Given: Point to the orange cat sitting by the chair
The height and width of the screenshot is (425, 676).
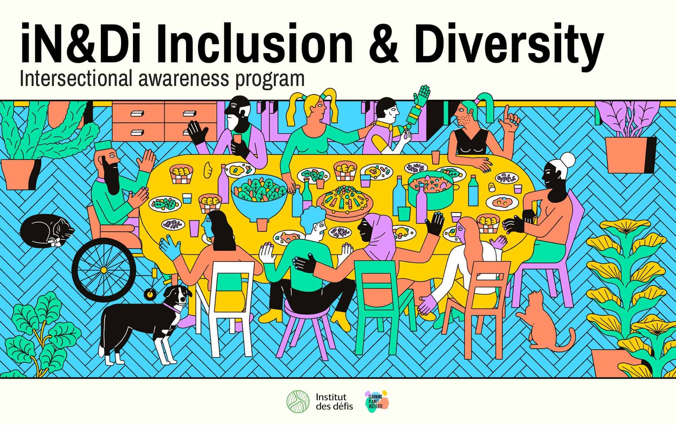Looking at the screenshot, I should click(x=541, y=321).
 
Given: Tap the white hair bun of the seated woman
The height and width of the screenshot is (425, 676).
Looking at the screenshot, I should click(x=567, y=160).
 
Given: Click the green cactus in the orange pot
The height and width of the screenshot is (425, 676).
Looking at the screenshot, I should click(x=22, y=129).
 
